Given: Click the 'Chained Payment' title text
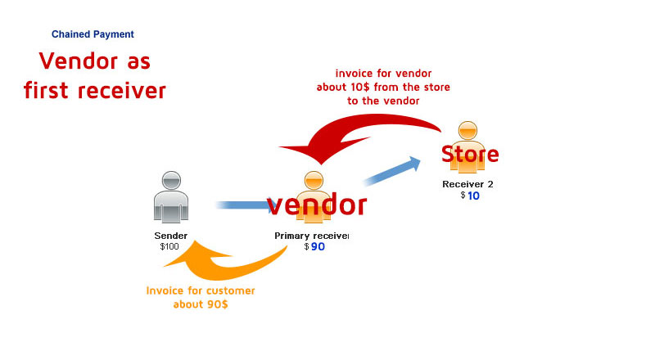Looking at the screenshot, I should [93, 34].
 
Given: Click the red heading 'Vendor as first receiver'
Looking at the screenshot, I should [95, 75].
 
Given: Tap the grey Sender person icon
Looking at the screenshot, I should [171, 197].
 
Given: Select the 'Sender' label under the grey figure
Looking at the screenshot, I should [171, 236].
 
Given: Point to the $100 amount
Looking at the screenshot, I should [169, 246].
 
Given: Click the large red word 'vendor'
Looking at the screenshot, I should [316, 205].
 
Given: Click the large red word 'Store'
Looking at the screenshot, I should [469, 154].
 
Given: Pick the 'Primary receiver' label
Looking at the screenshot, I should [311, 236].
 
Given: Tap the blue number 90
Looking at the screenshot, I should [318, 247].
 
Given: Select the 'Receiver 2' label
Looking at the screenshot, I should [468, 184].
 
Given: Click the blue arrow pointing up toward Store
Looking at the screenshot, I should [392, 173].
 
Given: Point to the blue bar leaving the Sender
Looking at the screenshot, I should [242, 205].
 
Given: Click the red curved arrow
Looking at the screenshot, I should [360, 131].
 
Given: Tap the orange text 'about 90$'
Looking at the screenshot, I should [201, 304].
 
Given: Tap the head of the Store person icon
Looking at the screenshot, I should [468, 130].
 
